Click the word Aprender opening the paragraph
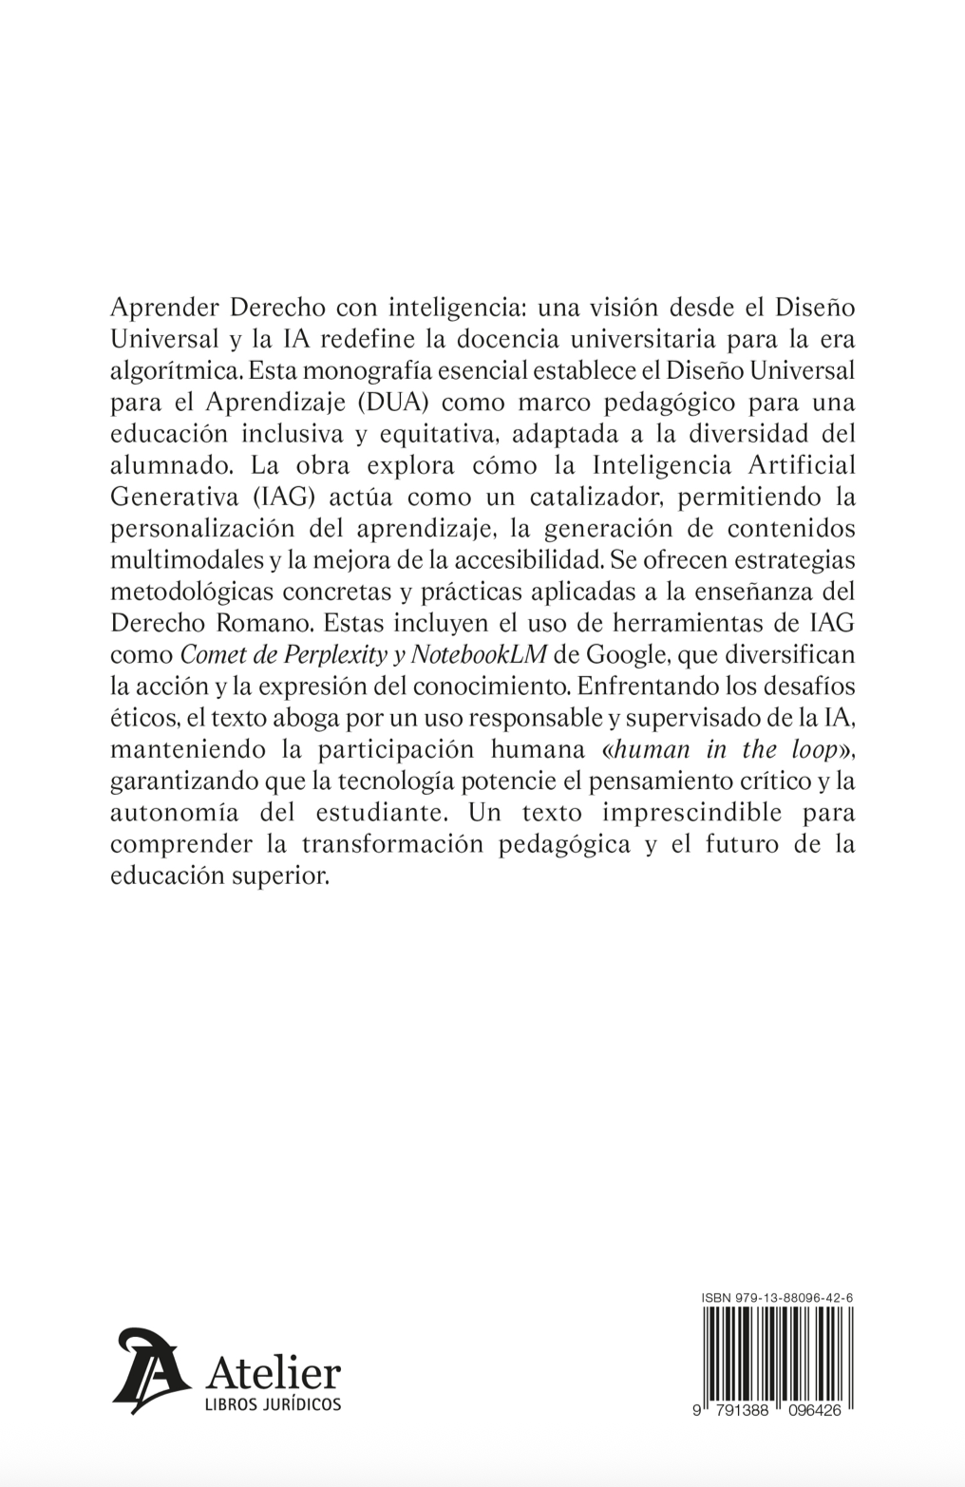(164, 310)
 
